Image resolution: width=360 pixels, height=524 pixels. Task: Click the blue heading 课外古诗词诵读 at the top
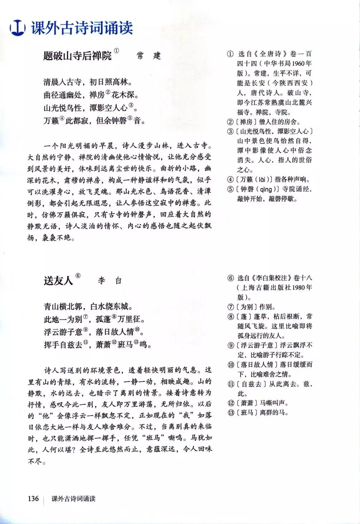(x=82, y=28)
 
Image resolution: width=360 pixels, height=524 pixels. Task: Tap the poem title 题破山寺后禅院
(x=78, y=56)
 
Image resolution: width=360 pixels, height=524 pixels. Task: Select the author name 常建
(x=149, y=56)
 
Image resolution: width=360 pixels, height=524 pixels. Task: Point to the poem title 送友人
(x=58, y=280)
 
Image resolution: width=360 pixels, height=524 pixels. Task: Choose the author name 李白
(x=110, y=281)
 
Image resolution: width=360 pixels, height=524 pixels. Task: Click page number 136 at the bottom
(x=33, y=498)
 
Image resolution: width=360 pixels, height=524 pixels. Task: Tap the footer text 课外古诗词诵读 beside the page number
(x=73, y=499)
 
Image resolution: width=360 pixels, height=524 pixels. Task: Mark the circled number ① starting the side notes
(x=230, y=54)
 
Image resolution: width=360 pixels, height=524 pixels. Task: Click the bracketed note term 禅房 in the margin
(x=246, y=122)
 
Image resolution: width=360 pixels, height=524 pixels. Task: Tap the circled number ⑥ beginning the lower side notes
(x=231, y=278)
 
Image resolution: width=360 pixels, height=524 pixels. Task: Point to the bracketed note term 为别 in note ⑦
(x=247, y=307)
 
